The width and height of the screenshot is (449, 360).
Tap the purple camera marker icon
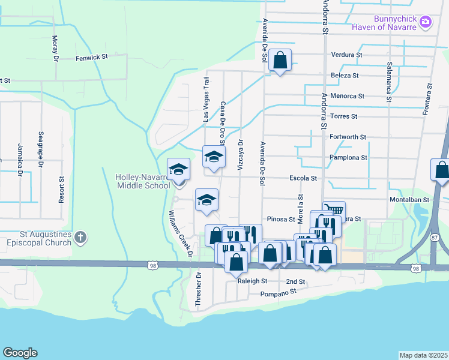pyautogui.click(x=426, y=22)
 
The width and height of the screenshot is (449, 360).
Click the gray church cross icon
pyautogui.click(x=81, y=238)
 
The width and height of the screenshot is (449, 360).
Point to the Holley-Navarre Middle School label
pyautogui.click(x=143, y=181)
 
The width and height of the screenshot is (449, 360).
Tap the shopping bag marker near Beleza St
pyautogui.click(x=280, y=60)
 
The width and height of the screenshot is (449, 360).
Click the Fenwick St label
pyautogui.click(x=91, y=58)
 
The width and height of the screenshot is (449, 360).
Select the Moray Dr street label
pyautogui.click(x=55, y=48)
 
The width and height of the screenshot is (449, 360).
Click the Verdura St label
pyautogui.click(x=346, y=55)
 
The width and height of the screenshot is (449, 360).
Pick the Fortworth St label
pyautogui.click(x=348, y=137)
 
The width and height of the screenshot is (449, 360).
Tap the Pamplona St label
pyautogui.click(x=348, y=158)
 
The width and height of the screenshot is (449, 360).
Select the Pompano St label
pyautogui.click(x=279, y=293)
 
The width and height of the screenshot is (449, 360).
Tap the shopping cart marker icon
pyautogui.click(x=334, y=209)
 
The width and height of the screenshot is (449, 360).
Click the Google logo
pyautogui.click(x=20, y=353)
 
